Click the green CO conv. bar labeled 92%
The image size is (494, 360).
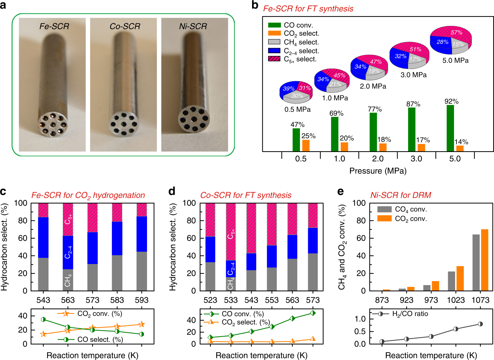pos(450,128)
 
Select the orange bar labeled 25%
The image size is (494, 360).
pos(306,146)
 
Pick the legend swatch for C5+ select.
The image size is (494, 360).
pos(274,59)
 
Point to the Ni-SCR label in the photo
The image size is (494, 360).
pos(193,26)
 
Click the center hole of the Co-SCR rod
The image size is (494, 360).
pos(124,124)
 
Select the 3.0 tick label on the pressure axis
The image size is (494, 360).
pos(416,159)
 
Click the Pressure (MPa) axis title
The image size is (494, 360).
pos(378,171)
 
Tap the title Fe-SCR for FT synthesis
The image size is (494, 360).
pos(308,9)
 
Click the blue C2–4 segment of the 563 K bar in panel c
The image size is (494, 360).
pos(68,252)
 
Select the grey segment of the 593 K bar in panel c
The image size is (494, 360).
pos(142,271)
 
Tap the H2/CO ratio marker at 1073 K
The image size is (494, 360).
pos(480,324)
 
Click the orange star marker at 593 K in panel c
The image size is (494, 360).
pos(142,324)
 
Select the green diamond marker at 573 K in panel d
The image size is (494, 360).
pos(313,313)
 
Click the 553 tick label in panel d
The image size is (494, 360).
pos(272,300)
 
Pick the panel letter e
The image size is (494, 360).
pos(340,192)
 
